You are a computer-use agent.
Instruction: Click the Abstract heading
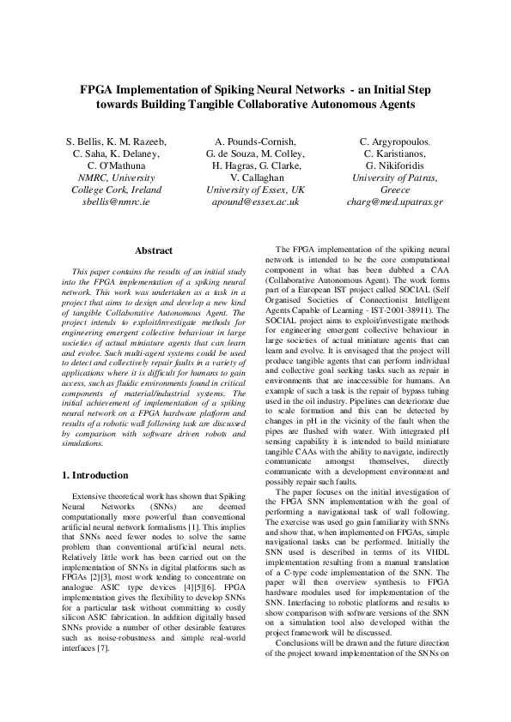point(155,250)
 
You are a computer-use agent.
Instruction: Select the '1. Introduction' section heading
point(96,474)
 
